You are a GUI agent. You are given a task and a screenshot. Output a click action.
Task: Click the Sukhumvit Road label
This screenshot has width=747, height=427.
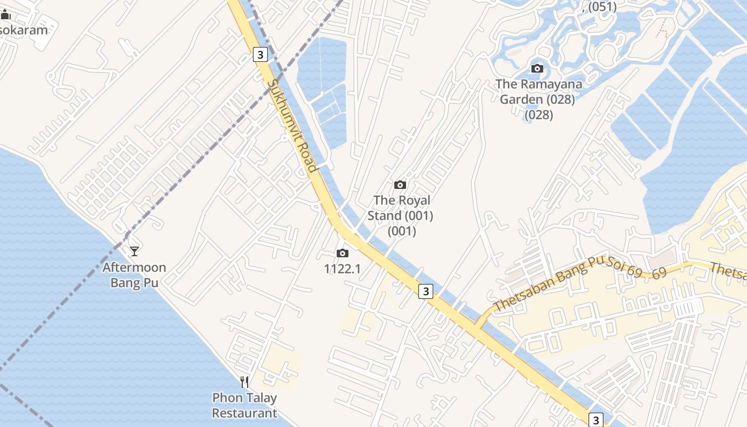[x=292, y=125]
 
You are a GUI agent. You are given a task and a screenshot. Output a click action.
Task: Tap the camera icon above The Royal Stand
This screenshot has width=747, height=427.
[x=400, y=185]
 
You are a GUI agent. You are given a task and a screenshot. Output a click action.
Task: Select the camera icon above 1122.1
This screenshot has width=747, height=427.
[x=343, y=253]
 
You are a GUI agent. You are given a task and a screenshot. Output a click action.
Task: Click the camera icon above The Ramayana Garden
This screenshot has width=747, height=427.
[x=537, y=68]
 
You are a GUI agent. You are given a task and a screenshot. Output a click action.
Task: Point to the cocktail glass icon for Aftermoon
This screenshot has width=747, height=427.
[x=134, y=251]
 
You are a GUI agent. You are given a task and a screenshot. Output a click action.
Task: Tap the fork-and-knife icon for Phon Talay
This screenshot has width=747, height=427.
[x=244, y=382]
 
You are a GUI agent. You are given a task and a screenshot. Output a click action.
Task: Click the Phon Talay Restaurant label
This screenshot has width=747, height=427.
[x=244, y=405]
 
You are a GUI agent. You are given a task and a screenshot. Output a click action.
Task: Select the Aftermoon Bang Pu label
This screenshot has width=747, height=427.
[x=134, y=274]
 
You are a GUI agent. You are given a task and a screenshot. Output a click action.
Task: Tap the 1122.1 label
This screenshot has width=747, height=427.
[x=343, y=268]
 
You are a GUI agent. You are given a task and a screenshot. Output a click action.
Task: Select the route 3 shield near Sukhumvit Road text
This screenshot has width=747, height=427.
[x=260, y=54]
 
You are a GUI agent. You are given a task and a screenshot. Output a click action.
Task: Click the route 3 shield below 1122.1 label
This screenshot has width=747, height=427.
[x=425, y=291]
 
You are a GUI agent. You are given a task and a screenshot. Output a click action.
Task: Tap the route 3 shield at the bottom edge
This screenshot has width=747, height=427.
[x=596, y=420]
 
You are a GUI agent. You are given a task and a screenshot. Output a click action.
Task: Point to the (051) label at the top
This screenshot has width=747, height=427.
[x=601, y=6]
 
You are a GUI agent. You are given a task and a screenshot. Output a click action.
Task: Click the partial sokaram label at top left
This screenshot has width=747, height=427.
[x=23, y=29]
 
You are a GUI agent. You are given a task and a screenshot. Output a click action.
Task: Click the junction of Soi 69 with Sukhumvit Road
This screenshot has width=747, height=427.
[x=478, y=325]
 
